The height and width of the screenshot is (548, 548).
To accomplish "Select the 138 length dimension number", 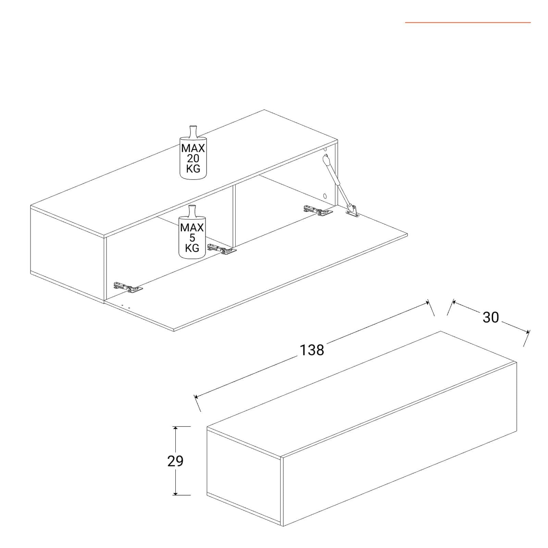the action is click(312, 350).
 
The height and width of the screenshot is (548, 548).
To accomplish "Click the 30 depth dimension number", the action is click(491, 317).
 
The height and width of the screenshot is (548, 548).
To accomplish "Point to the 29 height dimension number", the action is click(175, 461).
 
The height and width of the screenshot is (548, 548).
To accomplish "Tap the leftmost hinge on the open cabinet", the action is click(128, 287).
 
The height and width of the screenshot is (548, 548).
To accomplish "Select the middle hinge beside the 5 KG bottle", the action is click(222, 249).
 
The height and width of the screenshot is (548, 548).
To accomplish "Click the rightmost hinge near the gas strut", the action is click(318, 211).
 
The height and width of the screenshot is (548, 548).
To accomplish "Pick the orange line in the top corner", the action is click(468, 23).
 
